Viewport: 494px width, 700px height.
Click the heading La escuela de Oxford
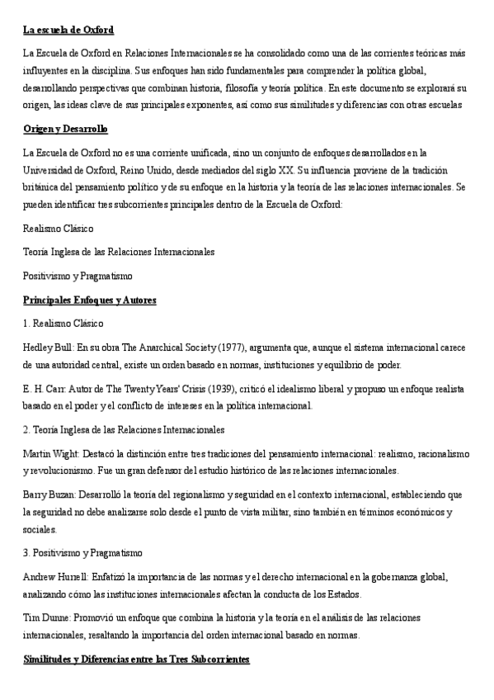point(68,31)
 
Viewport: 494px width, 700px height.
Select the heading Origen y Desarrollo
point(66,130)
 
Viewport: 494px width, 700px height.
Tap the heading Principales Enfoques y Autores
point(90,300)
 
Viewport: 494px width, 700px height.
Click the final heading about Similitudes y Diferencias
point(136,660)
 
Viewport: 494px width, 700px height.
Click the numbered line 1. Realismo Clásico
point(64,322)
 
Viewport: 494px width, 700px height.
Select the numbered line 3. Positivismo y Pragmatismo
point(83,551)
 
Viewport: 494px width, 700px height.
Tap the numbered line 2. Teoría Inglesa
point(124,430)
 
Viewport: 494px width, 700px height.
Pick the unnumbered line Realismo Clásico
point(59,227)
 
